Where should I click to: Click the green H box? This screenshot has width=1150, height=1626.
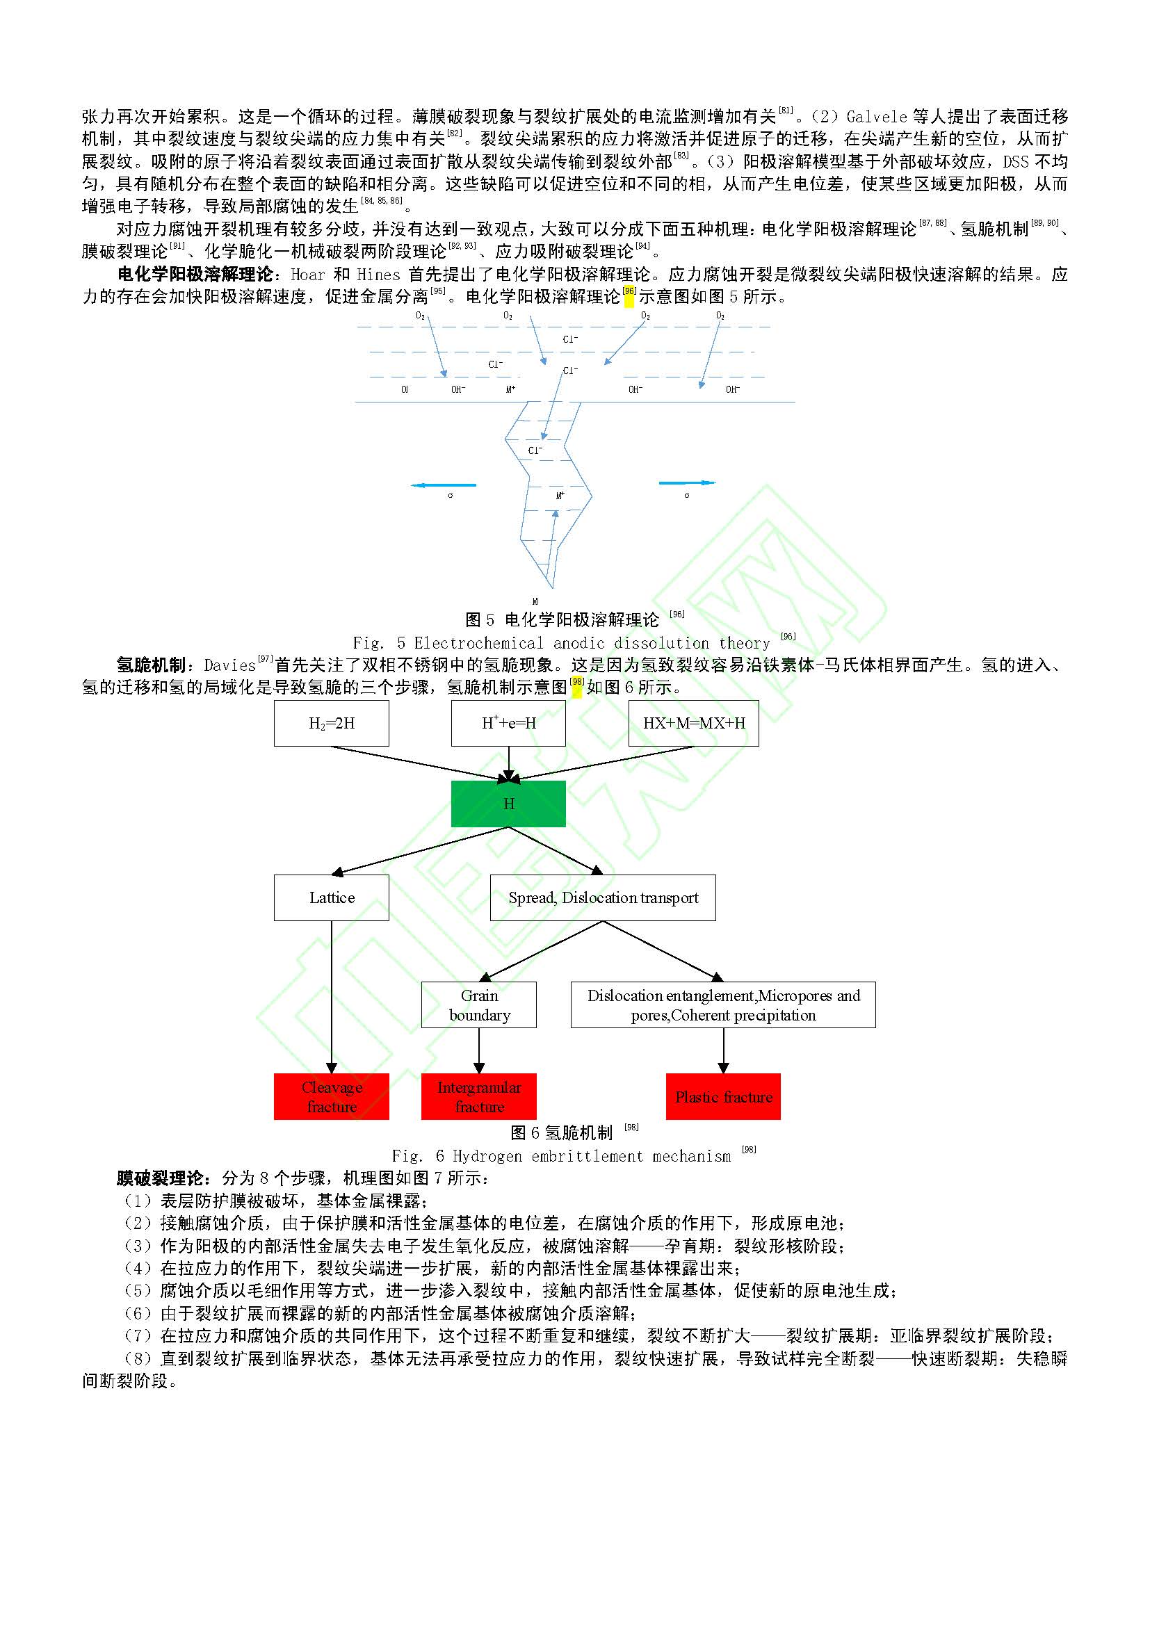(x=508, y=803)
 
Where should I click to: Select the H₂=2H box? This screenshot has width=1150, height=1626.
(x=332, y=723)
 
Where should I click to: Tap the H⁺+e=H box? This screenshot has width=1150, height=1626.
(x=508, y=723)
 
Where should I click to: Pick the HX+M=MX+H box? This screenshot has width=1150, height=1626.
(x=693, y=723)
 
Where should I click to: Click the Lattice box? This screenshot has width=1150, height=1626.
(x=332, y=897)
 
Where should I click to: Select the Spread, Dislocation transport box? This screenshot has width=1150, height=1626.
(x=603, y=897)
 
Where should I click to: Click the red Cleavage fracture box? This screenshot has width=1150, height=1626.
(x=332, y=1096)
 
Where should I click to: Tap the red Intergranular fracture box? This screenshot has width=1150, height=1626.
(x=478, y=1096)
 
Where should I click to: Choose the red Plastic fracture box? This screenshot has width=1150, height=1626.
(x=723, y=1096)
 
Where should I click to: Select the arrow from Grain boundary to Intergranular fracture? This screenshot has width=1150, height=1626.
(x=478, y=1050)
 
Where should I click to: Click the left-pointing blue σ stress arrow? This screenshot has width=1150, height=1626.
(x=444, y=485)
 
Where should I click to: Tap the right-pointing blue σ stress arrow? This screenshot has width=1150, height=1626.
(x=687, y=483)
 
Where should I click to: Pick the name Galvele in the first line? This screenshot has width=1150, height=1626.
(x=876, y=116)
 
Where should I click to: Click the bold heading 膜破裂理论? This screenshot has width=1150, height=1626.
(x=162, y=1178)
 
